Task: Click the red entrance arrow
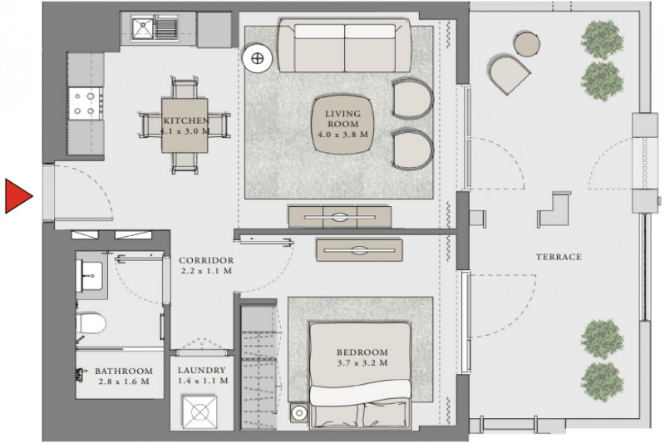(x=17, y=196)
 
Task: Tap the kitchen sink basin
(x=143, y=28)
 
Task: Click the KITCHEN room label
(x=186, y=121)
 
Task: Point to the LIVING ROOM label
(x=343, y=119)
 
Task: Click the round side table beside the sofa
(x=257, y=58)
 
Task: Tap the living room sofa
(x=344, y=46)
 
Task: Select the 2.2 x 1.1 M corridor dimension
(x=206, y=271)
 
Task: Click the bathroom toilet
(x=91, y=323)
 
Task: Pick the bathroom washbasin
(x=90, y=276)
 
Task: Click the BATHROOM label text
(x=124, y=372)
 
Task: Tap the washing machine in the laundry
(x=199, y=412)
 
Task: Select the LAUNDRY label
(x=201, y=370)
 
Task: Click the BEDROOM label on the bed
(x=362, y=352)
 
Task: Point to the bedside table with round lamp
(x=299, y=412)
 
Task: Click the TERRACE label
(x=559, y=257)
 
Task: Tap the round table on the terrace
(x=527, y=44)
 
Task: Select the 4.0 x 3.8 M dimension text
(x=343, y=135)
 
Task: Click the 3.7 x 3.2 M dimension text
(x=362, y=363)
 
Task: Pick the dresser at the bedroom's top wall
(x=359, y=250)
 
